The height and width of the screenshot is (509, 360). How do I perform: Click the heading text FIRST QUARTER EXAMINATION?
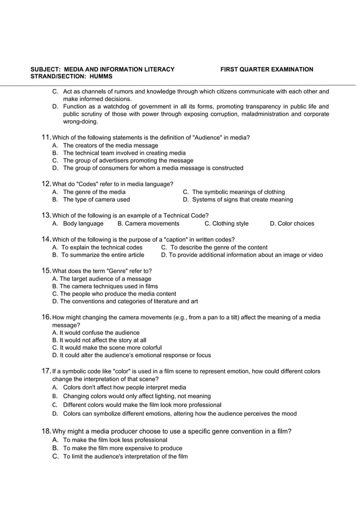[x=266, y=69]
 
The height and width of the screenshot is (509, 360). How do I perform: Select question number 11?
[x=47, y=138]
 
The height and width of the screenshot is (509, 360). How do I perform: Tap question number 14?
[x=47, y=239]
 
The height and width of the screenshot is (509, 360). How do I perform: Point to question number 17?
[x=47, y=371]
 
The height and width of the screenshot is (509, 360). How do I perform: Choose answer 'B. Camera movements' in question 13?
[x=148, y=223]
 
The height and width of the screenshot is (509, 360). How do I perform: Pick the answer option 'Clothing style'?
[x=226, y=223]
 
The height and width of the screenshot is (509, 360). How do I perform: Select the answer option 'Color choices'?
[x=292, y=223]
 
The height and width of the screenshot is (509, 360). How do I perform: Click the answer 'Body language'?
[x=83, y=223]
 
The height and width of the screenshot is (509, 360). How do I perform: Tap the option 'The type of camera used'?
[x=96, y=200]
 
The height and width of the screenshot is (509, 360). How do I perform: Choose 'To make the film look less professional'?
[x=115, y=440]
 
